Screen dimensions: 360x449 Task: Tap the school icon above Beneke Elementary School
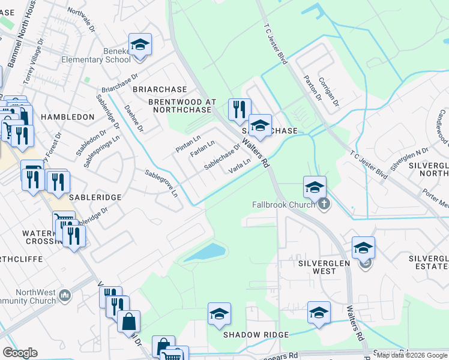click(140, 45)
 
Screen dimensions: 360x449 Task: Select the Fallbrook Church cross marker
click(324, 205)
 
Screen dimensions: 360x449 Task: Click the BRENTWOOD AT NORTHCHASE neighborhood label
click(182, 106)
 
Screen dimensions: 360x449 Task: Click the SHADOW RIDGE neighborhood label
click(256, 334)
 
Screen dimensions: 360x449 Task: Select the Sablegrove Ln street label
click(161, 184)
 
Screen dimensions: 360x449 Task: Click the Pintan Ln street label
click(187, 145)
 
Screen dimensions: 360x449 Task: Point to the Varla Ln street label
click(239, 166)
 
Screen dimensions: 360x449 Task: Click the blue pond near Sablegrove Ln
click(205, 253)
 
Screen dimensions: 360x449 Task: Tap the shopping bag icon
click(129, 322)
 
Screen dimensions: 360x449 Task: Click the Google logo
click(20, 353)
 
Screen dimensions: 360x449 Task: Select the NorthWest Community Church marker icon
click(65, 295)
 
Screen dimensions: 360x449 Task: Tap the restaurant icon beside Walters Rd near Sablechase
click(239, 109)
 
